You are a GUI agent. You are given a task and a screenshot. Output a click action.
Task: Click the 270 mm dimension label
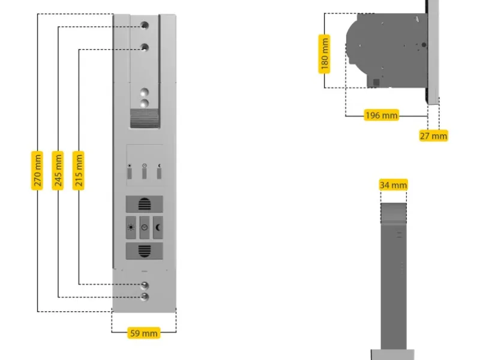point(38,171)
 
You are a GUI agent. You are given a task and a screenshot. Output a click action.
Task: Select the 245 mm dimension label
point(58,171)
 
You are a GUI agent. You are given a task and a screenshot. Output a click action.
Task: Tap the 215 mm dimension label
point(79,171)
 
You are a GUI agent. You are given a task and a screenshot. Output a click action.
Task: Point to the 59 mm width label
point(144,332)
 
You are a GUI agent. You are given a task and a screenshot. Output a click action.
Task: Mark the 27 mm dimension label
point(433,136)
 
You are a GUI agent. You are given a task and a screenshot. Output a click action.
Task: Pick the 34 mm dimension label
point(393,185)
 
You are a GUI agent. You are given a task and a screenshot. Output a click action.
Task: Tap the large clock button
point(144,227)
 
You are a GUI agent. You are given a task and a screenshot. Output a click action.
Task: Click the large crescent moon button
point(158,227)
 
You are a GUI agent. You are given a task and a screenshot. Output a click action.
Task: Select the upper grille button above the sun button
point(144,204)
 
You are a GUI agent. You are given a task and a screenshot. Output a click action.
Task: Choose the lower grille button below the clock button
point(144,250)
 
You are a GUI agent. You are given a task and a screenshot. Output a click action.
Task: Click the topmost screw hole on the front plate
point(144,26)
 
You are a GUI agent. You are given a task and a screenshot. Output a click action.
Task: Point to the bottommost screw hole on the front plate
point(144,296)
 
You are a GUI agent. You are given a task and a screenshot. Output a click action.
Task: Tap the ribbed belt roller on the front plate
point(144,119)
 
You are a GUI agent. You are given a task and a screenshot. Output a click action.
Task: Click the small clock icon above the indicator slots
point(144,165)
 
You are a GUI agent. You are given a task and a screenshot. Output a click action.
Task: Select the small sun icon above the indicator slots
point(130,165)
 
